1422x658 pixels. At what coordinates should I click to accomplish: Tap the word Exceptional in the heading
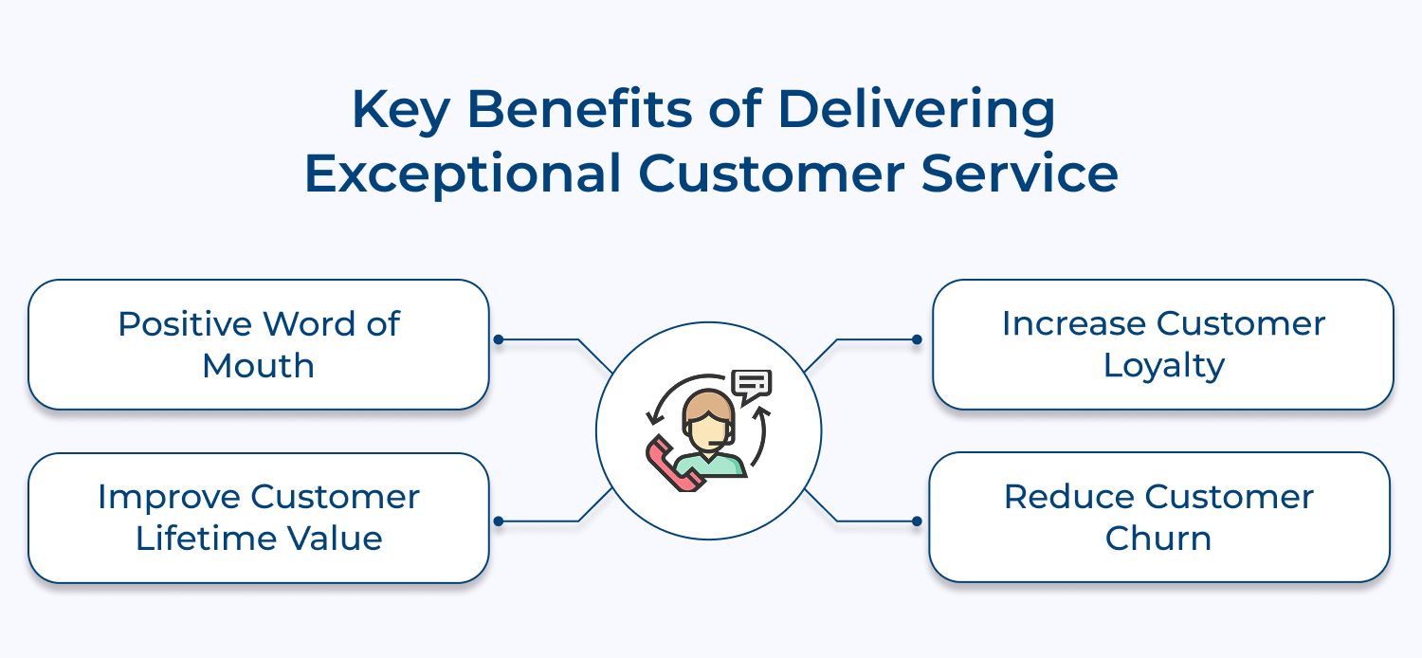[463, 175]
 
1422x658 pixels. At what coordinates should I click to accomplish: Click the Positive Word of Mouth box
[258, 344]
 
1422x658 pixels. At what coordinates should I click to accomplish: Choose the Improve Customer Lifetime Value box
[258, 518]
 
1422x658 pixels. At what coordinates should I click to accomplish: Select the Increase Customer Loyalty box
[1162, 344]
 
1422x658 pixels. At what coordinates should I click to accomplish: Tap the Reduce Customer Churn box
[1158, 518]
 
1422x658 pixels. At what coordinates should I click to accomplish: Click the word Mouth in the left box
[258, 366]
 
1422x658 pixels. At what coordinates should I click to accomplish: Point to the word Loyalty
[1163, 367]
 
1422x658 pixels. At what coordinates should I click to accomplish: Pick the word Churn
[1158, 539]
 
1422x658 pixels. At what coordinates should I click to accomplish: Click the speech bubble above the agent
[753, 384]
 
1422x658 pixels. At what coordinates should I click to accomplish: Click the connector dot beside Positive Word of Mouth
[498, 339]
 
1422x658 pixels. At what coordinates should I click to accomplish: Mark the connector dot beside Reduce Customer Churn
[917, 521]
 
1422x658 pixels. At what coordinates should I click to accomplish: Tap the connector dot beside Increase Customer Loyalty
[917, 339]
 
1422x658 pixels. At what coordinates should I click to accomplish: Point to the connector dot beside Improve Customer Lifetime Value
[498, 521]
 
